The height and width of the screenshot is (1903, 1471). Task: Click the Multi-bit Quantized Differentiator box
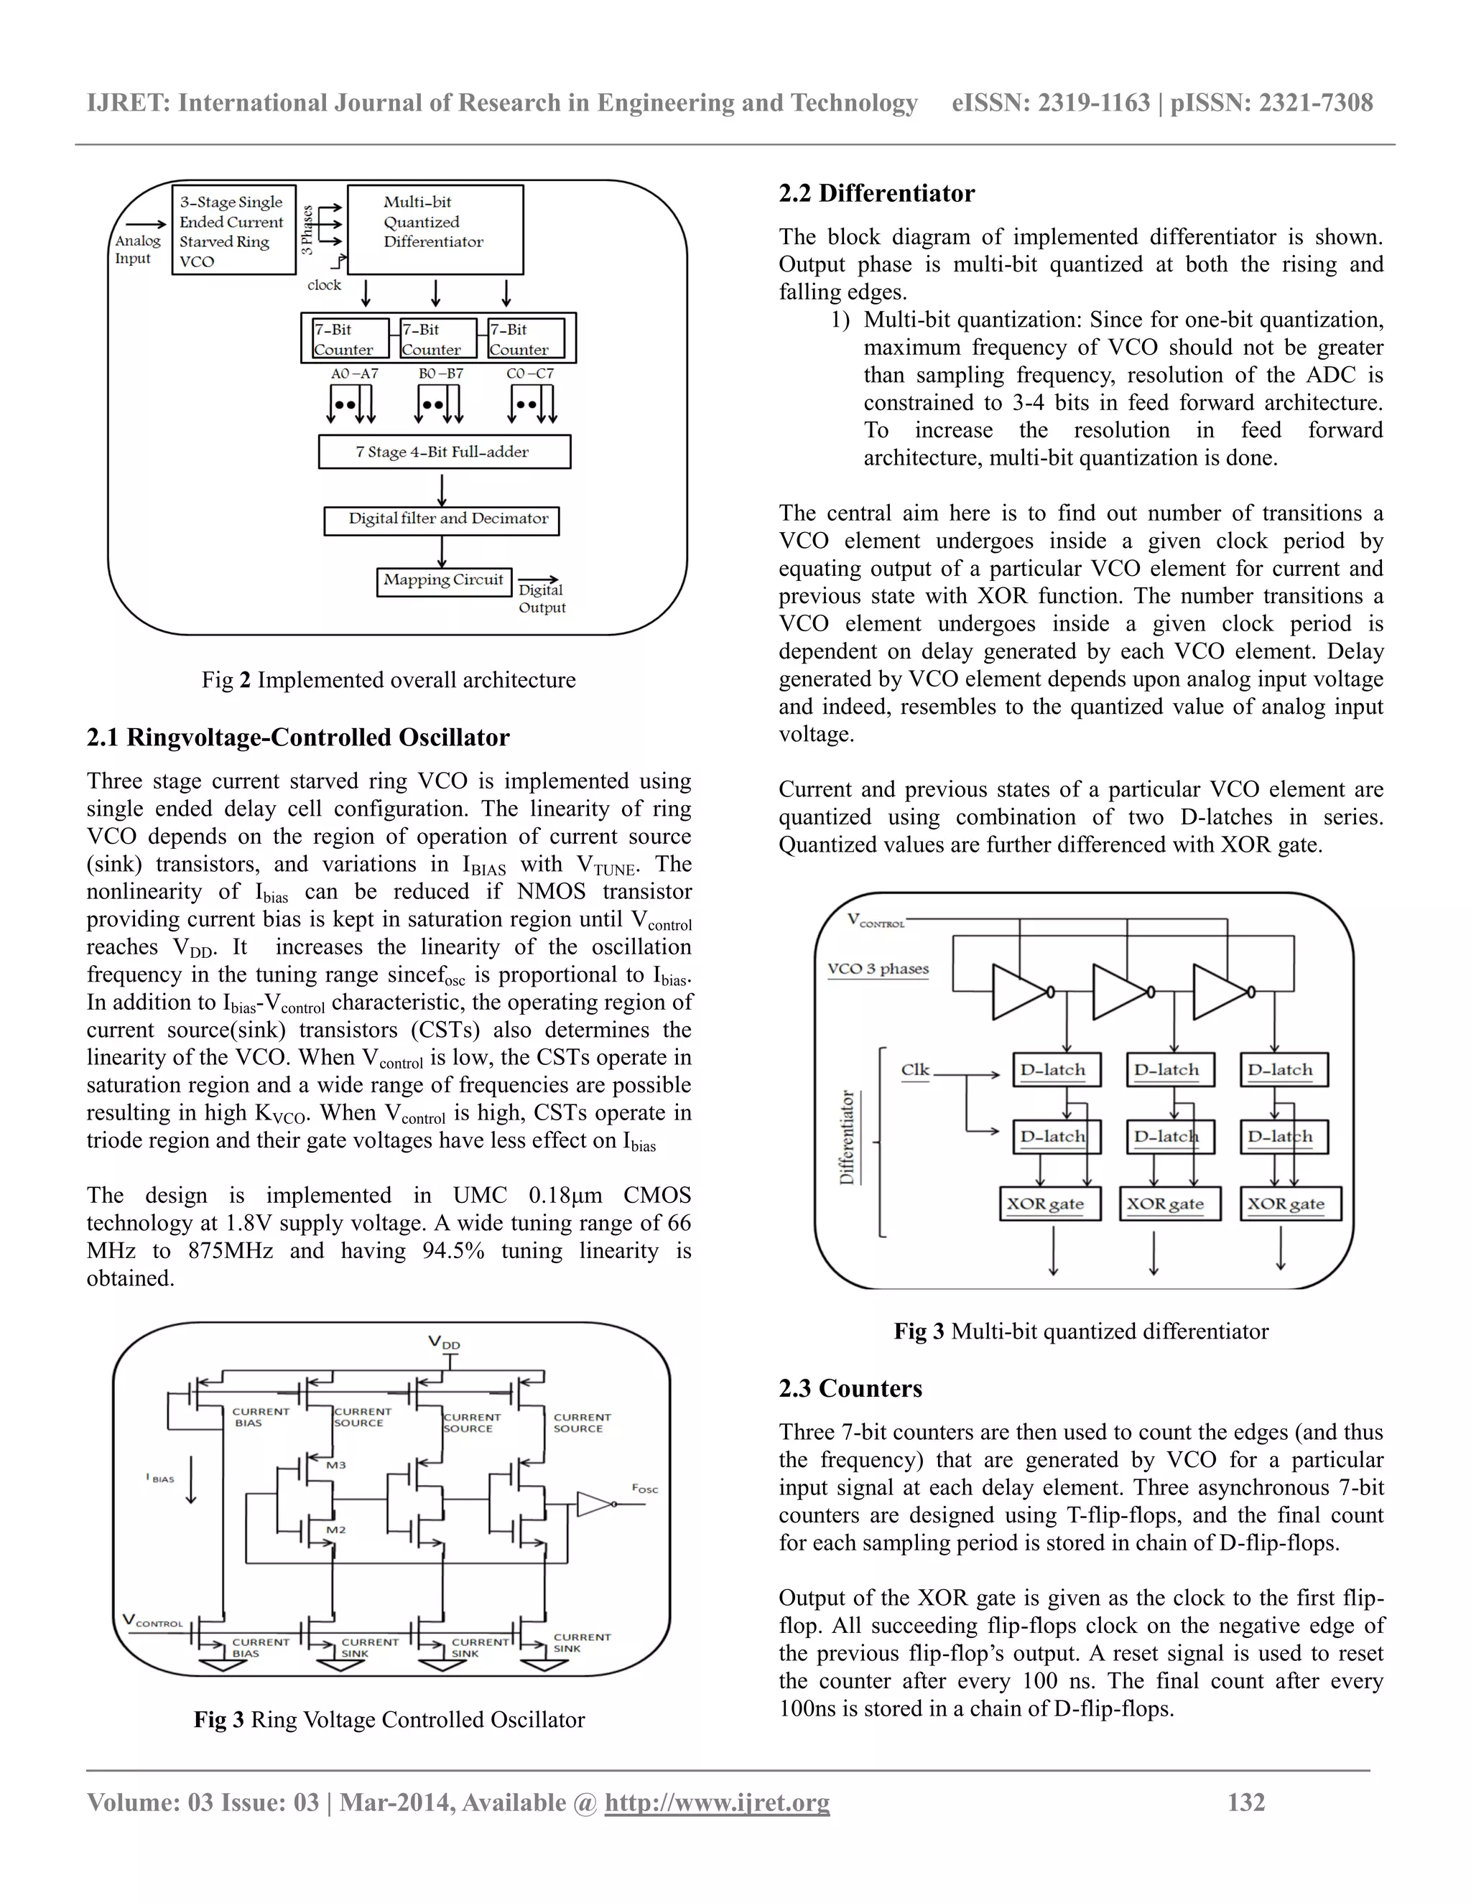point(435,229)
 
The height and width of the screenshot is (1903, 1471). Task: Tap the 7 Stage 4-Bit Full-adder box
point(444,452)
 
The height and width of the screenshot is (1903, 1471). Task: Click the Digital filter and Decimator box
point(442,520)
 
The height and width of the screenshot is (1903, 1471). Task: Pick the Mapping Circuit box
point(444,581)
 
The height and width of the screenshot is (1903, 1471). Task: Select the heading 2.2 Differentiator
point(877,193)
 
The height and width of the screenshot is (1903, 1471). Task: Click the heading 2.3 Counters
point(850,1389)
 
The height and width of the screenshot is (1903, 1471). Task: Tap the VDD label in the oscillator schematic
point(444,1343)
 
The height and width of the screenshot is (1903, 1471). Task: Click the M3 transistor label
point(335,1465)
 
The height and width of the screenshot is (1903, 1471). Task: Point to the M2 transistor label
point(335,1529)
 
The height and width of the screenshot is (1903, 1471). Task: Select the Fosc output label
point(645,1488)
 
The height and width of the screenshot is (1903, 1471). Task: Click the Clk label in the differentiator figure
point(915,1069)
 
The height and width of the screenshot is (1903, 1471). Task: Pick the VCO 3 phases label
point(878,969)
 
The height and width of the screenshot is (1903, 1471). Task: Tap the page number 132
point(1245,1802)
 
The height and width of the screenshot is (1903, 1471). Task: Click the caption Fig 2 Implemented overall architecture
point(389,679)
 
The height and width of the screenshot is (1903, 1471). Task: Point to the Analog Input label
point(136,249)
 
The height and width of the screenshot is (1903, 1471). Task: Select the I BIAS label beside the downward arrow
point(159,1479)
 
